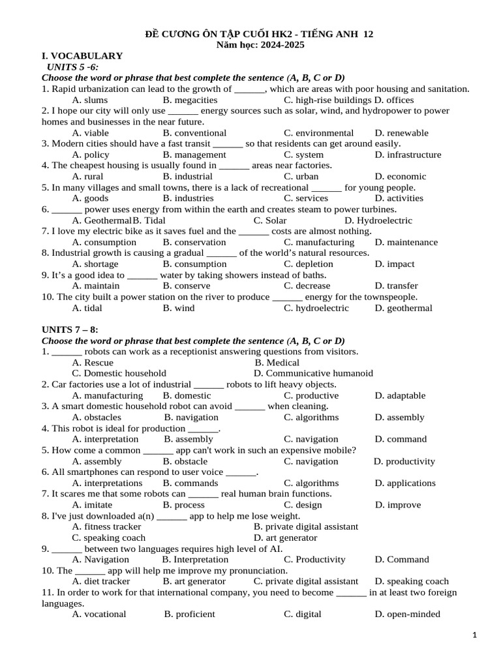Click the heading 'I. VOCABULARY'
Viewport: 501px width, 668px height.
[82, 56]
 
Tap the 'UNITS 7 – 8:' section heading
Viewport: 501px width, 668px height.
[70, 330]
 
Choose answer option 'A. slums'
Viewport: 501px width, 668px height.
[90, 100]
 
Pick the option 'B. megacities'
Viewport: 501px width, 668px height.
[190, 100]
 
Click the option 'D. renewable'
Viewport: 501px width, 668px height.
[402, 132]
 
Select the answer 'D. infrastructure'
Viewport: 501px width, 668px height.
[408, 155]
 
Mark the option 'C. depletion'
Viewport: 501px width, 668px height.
[309, 264]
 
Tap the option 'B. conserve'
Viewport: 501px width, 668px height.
[187, 286]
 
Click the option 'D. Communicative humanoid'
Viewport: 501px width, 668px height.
[313, 373]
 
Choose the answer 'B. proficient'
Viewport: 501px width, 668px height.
[189, 614]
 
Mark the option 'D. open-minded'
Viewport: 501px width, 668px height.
[407, 614]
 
